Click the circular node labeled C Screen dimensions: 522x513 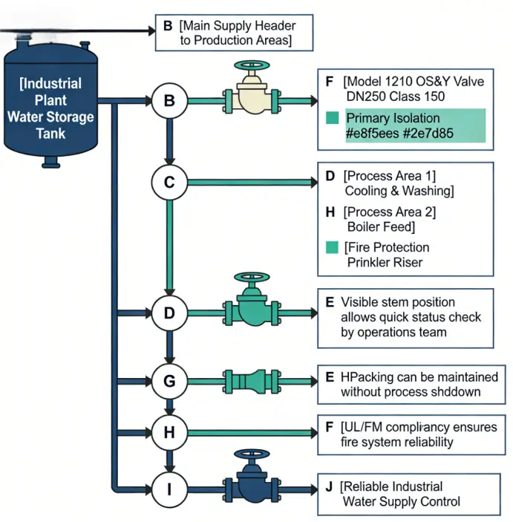tap(169, 181)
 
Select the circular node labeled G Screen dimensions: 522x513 tap(169, 382)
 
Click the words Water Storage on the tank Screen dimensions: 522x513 tap(50, 117)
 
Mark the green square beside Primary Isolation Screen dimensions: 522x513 tap(332, 118)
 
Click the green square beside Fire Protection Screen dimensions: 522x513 tap(332, 247)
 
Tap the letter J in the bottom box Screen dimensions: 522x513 tap(329, 486)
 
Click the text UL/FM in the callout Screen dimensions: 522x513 tap(362, 428)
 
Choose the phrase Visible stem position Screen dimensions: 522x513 tap(397, 302)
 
